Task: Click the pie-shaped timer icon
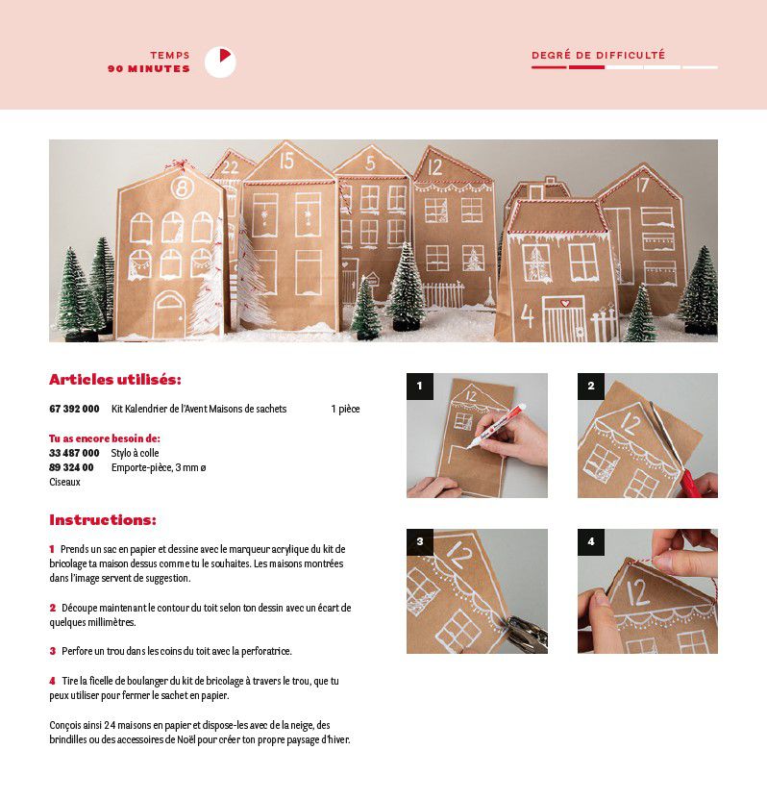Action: click(x=220, y=62)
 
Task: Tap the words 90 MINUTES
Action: click(x=148, y=69)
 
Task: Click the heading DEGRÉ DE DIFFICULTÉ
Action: click(x=598, y=55)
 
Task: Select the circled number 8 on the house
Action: click(x=182, y=187)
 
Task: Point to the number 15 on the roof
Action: click(x=286, y=161)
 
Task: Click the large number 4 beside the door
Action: click(x=528, y=315)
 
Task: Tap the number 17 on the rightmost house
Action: click(x=641, y=185)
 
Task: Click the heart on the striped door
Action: click(x=565, y=303)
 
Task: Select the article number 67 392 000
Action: click(x=74, y=409)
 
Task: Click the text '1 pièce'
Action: click(x=345, y=409)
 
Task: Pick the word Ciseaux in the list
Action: click(x=64, y=482)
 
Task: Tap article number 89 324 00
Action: click(x=71, y=467)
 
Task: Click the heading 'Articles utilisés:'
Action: click(x=115, y=380)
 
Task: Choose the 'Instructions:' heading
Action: click(x=103, y=520)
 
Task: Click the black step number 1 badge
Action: click(x=420, y=387)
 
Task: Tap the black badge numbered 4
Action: click(x=591, y=542)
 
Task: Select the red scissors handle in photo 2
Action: click(x=690, y=483)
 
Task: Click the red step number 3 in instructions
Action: click(x=53, y=651)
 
